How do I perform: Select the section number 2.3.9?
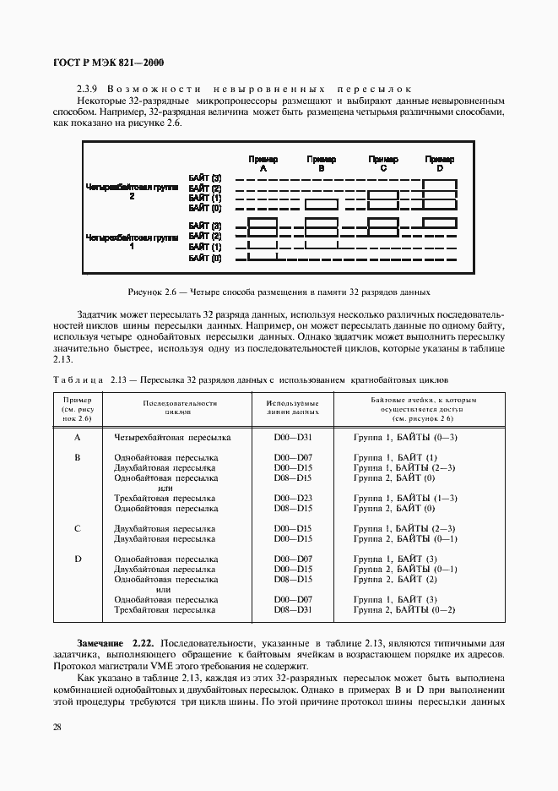[88, 88]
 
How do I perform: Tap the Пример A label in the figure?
[263, 163]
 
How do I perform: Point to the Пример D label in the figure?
[439, 163]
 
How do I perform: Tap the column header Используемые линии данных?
[293, 407]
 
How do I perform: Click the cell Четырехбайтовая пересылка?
[172, 438]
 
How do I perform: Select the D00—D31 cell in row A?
[293, 438]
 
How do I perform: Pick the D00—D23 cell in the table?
[293, 499]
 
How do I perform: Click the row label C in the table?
[78, 529]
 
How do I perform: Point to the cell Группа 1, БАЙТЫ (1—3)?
[404, 499]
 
